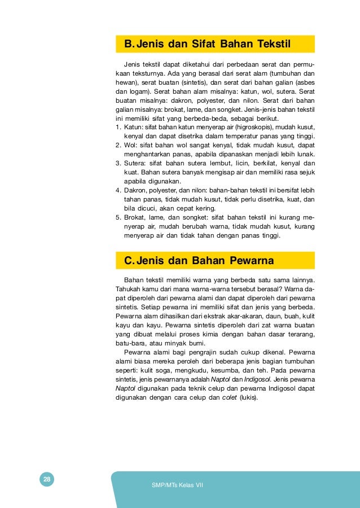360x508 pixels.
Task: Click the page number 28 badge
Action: tap(47, 480)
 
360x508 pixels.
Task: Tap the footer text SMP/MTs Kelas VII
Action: tap(178, 485)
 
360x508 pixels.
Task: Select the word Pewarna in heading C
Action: tap(251, 261)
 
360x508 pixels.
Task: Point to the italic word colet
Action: tap(229, 398)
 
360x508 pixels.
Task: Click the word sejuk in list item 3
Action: tap(305, 173)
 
